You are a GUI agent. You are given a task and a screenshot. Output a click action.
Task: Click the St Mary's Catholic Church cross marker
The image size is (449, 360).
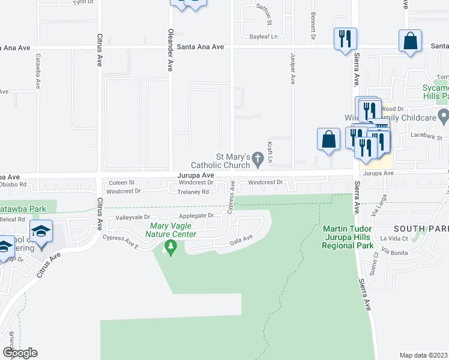coord(258,159)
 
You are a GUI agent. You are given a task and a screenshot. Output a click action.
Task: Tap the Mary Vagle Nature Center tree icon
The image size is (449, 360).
coord(171,246)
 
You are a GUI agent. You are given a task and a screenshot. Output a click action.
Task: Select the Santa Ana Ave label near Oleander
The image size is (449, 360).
coord(201,47)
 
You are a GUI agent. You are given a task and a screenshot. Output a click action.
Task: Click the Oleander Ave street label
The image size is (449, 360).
coord(170,50)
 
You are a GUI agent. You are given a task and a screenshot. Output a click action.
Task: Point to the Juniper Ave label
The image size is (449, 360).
coord(293,70)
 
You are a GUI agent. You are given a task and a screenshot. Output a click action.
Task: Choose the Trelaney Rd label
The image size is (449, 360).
coord(193,192)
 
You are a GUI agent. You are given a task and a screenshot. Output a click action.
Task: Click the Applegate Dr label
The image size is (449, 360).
coord(196,215)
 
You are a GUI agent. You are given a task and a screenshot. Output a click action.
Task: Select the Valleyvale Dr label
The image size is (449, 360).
coord(131,217)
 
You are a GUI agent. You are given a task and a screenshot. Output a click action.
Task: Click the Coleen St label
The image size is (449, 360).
coord(121,182)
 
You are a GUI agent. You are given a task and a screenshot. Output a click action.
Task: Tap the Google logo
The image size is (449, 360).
coord(20,353)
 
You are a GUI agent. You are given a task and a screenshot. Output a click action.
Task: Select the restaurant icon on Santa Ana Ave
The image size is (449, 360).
coord(345,38)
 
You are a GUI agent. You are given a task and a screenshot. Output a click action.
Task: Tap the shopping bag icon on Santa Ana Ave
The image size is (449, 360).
coord(411,41)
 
